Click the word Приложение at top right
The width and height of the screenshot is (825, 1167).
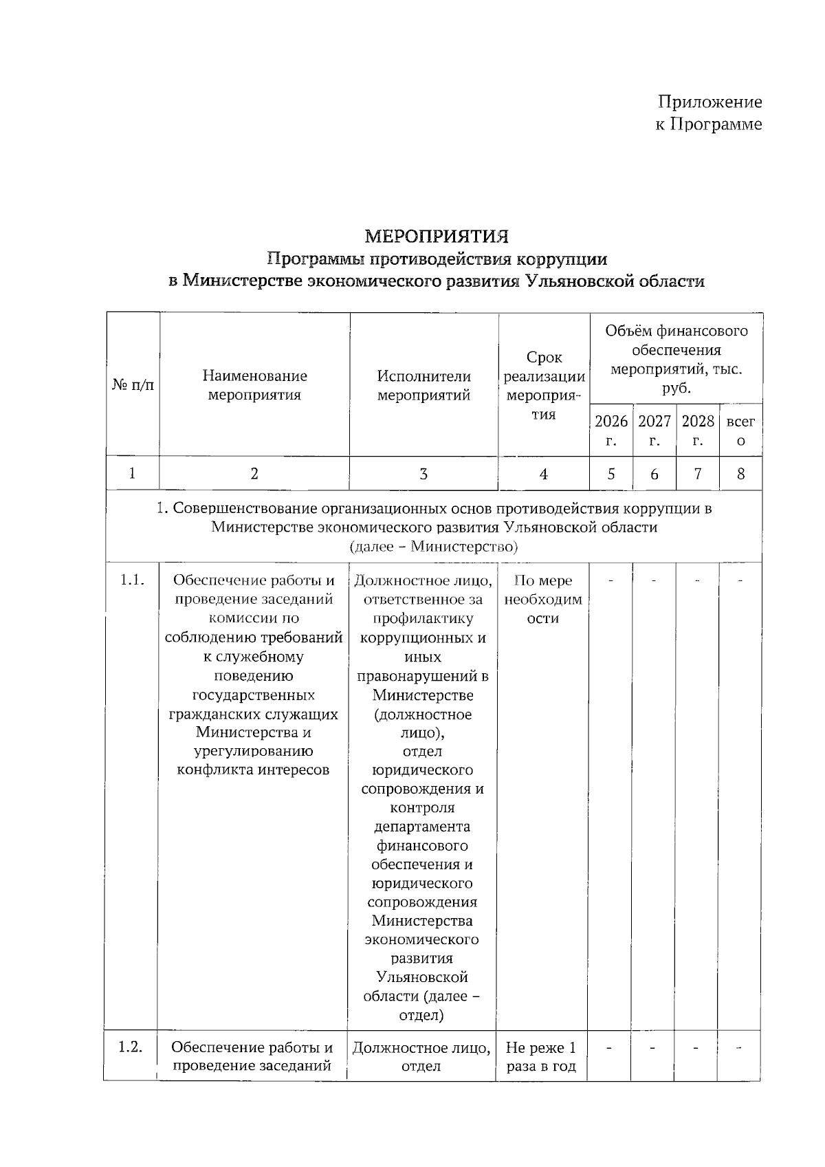(x=709, y=102)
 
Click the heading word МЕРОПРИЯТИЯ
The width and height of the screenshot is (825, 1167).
(x=437, y=237)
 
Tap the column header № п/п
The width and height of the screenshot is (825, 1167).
(x=133, y=385)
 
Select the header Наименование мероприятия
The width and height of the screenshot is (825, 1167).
(x=254, y=385)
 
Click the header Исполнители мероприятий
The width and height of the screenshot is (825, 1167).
(x=423, y=385)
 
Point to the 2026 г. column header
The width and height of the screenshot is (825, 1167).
(x=610, y=430)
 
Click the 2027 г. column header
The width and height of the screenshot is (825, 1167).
(x=654, y=430)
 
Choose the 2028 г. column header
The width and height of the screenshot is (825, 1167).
(x=697, y=430)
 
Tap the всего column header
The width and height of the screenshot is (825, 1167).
(x=740, y=430)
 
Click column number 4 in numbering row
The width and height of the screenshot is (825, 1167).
(x=543, y=474)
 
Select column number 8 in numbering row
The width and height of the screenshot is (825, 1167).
(x=740, y=474)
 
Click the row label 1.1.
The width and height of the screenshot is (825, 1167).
(x=132, y=580)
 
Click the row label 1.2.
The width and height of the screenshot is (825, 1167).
(x=130, y=1047)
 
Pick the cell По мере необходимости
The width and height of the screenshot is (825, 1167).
(x=542, y=599)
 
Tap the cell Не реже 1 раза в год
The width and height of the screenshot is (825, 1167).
(x=541, y=1057)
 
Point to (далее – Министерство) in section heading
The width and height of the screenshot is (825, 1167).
(x=433, y=547)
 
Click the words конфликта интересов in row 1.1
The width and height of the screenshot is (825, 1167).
(x=253, y=770)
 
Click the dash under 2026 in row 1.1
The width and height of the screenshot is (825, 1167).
(x=610, y=581)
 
